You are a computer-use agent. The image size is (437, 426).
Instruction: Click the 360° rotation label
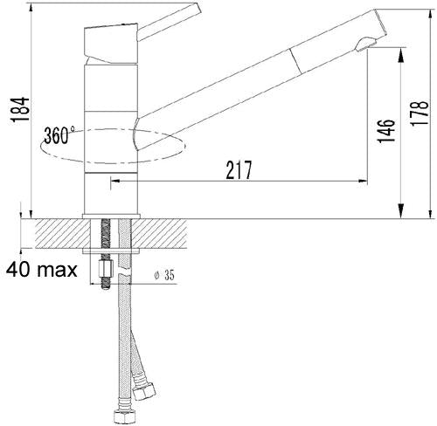point(59,136)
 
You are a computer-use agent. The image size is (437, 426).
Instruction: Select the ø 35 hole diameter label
point(164,276)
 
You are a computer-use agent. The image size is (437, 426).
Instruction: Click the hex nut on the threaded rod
point(104,273)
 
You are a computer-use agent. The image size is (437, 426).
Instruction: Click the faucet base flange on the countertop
point(110,215)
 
